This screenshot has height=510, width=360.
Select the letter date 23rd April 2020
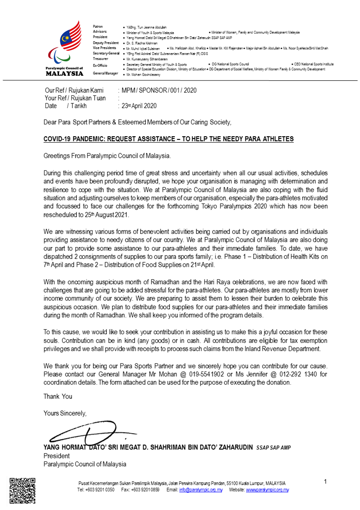pos(138,105)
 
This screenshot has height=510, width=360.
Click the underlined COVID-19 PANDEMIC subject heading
pos(168,139)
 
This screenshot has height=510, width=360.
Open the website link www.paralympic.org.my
pos(267,490)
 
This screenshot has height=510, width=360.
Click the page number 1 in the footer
pos(325,481)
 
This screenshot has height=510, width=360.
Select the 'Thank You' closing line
pos(58,396)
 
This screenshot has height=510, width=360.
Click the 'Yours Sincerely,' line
pos(65,413)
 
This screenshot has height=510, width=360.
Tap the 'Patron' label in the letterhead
pos(98,27)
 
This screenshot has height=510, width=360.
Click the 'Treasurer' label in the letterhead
pos(101,59)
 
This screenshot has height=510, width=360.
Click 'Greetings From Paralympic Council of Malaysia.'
pos(107,156)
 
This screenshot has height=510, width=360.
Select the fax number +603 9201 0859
pos(144,490)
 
